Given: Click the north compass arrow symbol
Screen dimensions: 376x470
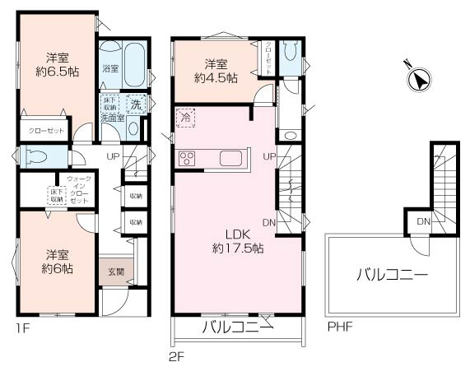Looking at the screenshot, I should pyautogui.click(x=419, y=79).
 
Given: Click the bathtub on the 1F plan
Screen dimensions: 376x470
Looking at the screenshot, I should pyautogui.click(x=136, y=63).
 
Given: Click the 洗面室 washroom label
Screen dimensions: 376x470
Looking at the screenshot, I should pyautogui.click(x=112, y=118).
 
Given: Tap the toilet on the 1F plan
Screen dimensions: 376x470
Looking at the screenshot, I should pyautogui.click(x=37, y=156).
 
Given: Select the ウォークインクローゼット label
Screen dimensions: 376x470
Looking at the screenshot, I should pyautogui.click(x=78, y=190).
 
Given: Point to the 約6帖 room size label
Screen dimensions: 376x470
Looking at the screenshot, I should pyautogui.click(x=57, y=268).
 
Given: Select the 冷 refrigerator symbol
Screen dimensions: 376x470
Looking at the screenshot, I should pyautogui.click(x=188, y=118).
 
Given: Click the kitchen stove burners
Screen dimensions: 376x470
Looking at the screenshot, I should pyautogui.click(x=186, y=159).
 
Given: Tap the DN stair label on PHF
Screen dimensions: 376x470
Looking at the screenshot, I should pyautogui.click(x=423, y=222).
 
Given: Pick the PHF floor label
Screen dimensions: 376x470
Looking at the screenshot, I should pyautogui.click(x=339, y=327).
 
